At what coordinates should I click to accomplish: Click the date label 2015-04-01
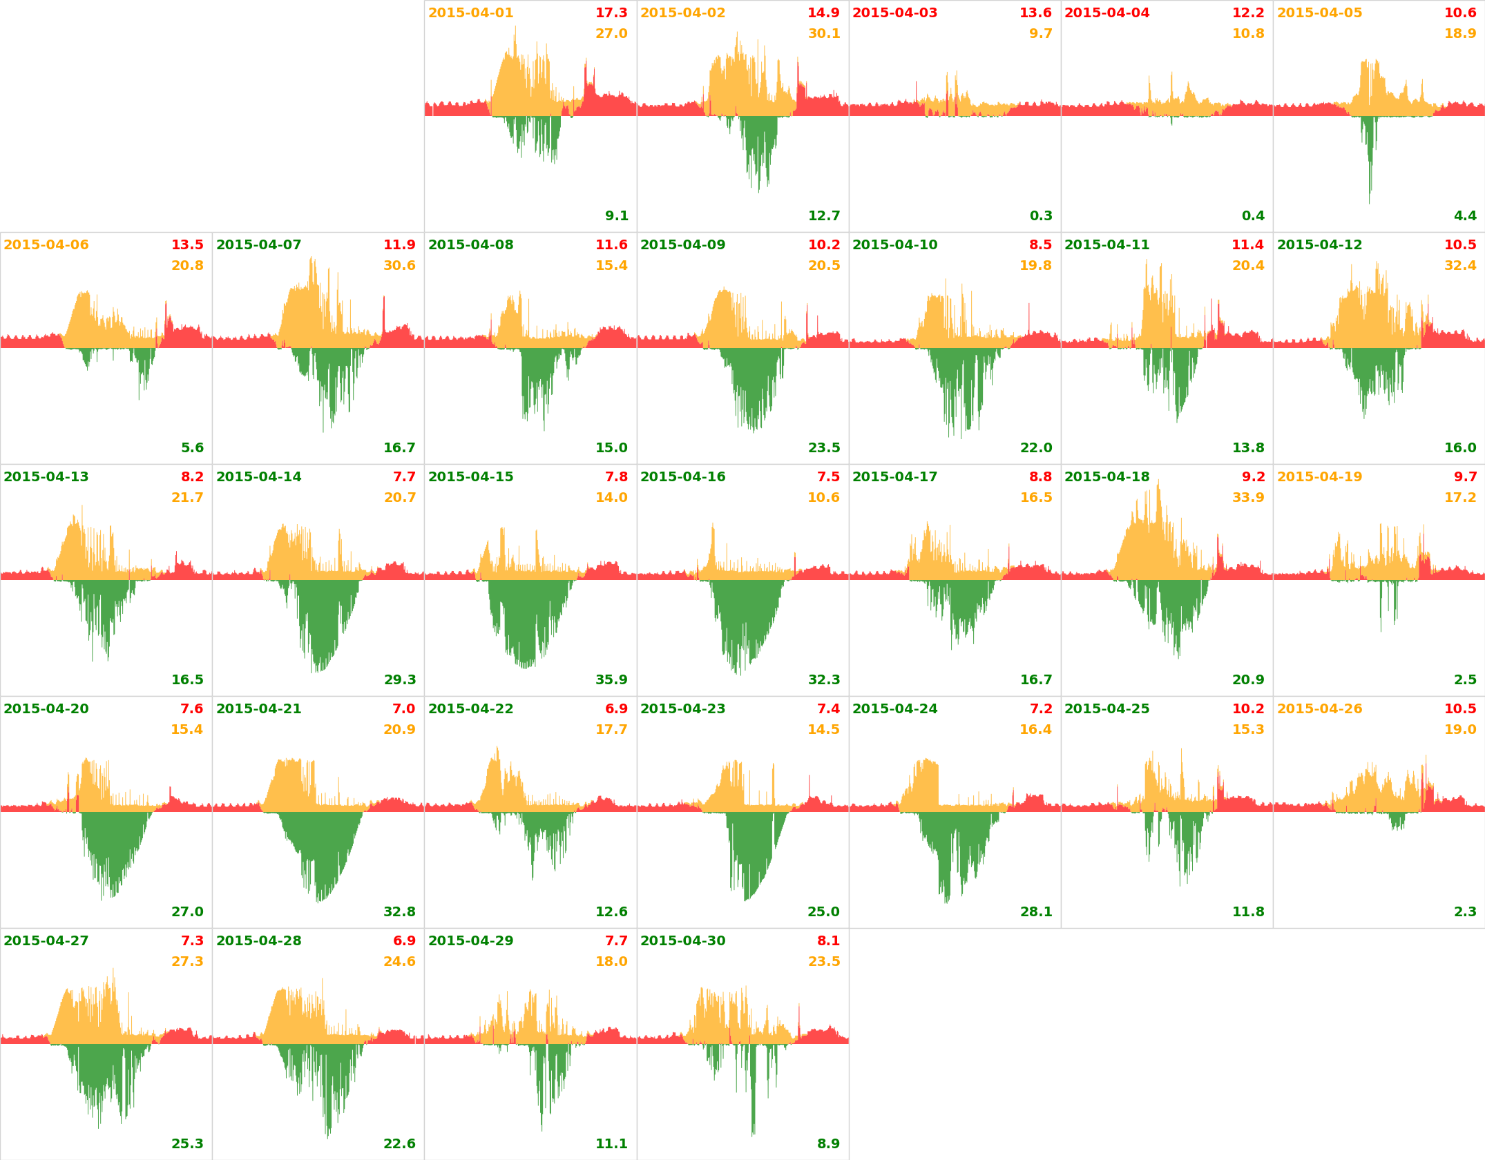point(470,13)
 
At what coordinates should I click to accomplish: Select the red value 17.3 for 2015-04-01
point(611,13)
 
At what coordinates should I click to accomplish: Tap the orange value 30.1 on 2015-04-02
point(824,34)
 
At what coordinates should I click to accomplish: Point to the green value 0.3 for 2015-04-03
point(1041,216)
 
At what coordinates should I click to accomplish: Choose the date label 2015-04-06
point(46,245)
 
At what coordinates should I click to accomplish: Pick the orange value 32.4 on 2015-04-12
point(1460,266)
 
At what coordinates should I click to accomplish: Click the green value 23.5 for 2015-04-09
point(824,448)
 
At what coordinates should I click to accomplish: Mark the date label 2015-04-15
point(470,477)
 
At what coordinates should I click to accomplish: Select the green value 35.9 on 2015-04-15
point(611,680)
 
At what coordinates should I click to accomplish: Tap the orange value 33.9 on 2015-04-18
point(1248,498)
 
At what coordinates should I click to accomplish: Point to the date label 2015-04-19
point(1319,477)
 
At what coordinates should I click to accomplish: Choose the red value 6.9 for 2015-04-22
point(616,709)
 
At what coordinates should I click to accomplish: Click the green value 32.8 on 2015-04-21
point(399,912)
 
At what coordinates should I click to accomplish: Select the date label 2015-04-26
point(1319,709)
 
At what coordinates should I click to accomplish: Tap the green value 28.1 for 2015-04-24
point(1036,912)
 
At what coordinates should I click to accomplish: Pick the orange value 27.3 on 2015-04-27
point(187,962)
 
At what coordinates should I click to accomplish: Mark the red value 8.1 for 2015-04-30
point(828,941)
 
